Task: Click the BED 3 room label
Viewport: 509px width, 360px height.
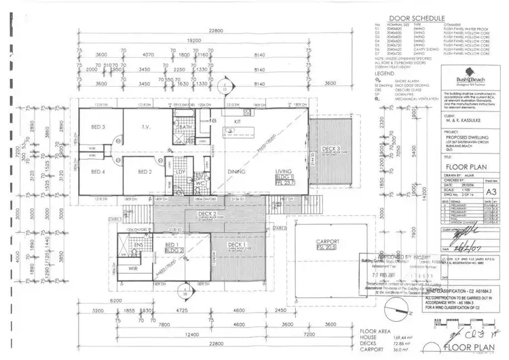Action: (98, 127)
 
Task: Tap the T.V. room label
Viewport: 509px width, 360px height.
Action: (145, 127)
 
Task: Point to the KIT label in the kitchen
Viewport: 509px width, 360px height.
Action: (238, 122)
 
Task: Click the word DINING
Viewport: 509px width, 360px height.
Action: (236, 173)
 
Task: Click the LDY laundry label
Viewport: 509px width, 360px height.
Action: (181, 171)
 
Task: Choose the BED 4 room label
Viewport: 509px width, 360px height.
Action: (98, 171)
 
